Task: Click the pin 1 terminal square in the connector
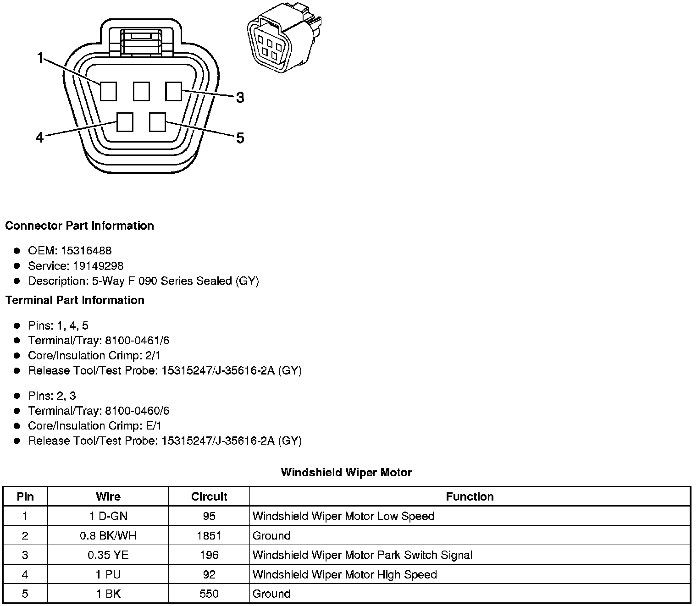108,91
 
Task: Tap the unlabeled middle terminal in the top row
141,91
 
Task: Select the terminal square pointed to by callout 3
173,91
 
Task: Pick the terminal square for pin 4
125,122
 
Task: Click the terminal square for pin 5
157,122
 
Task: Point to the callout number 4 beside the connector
40,137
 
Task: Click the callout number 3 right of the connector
240,98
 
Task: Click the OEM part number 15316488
86,251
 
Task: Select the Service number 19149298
98,266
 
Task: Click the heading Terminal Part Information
75,300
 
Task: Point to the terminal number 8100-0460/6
137,411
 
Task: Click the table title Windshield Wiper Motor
346,472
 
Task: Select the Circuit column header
209,496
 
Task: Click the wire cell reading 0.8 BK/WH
108,535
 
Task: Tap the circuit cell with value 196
209,555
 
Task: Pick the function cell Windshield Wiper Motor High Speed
344,574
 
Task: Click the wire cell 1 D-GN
108,516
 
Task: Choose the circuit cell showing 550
209,594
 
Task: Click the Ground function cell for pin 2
271,535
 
